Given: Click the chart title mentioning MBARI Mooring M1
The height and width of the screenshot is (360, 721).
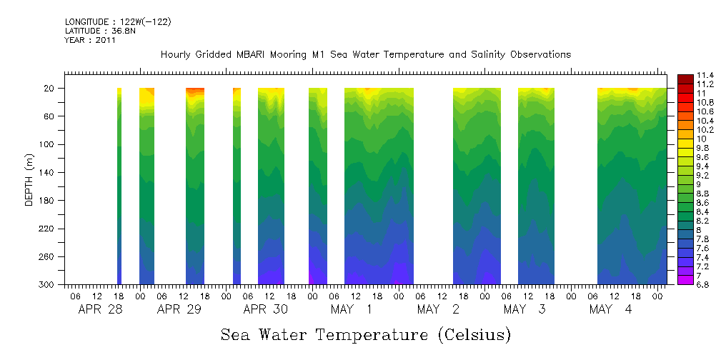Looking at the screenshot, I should pyautogui.click(x=365, y=55).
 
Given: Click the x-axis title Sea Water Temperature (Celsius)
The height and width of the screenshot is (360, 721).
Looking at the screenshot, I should pyautogui.click(x=365, y=334).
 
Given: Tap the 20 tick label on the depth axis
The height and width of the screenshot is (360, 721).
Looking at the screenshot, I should pyautogui.click(x=50, y=89).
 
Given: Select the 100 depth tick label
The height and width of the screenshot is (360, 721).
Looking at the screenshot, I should pyautogui.click(x=48, y=144).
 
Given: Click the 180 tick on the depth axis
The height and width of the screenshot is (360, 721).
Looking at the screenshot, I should pyautogui.click(x=48, y=201).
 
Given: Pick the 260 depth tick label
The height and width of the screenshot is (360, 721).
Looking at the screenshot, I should pyautogui.click(x=48, y=256).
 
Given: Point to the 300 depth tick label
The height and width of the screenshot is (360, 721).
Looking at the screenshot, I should pyautogui.click(x=48, y=284).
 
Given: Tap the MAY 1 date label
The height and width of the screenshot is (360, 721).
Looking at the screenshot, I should pyautogui.click(x=351, y=310).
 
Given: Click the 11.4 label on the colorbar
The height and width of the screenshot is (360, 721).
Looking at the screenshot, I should pyautogui.click(x=706, y=75).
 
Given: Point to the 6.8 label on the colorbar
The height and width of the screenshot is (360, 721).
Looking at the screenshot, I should pyautogui.click(x=704, y=284).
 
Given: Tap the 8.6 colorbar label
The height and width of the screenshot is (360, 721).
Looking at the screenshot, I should pyautogui.click(x=704, y=203).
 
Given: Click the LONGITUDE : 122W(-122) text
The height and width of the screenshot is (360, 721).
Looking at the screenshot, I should pyautogui.click(x=118, y=22).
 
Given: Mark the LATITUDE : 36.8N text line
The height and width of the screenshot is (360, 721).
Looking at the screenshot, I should pyautogui.click(x=99, y=31).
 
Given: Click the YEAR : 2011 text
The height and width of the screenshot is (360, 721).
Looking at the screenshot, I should pyautogui.click(x=90, y=41).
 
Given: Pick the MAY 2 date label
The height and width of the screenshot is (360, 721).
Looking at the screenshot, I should pyautogui.click(x=437, y=310).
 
